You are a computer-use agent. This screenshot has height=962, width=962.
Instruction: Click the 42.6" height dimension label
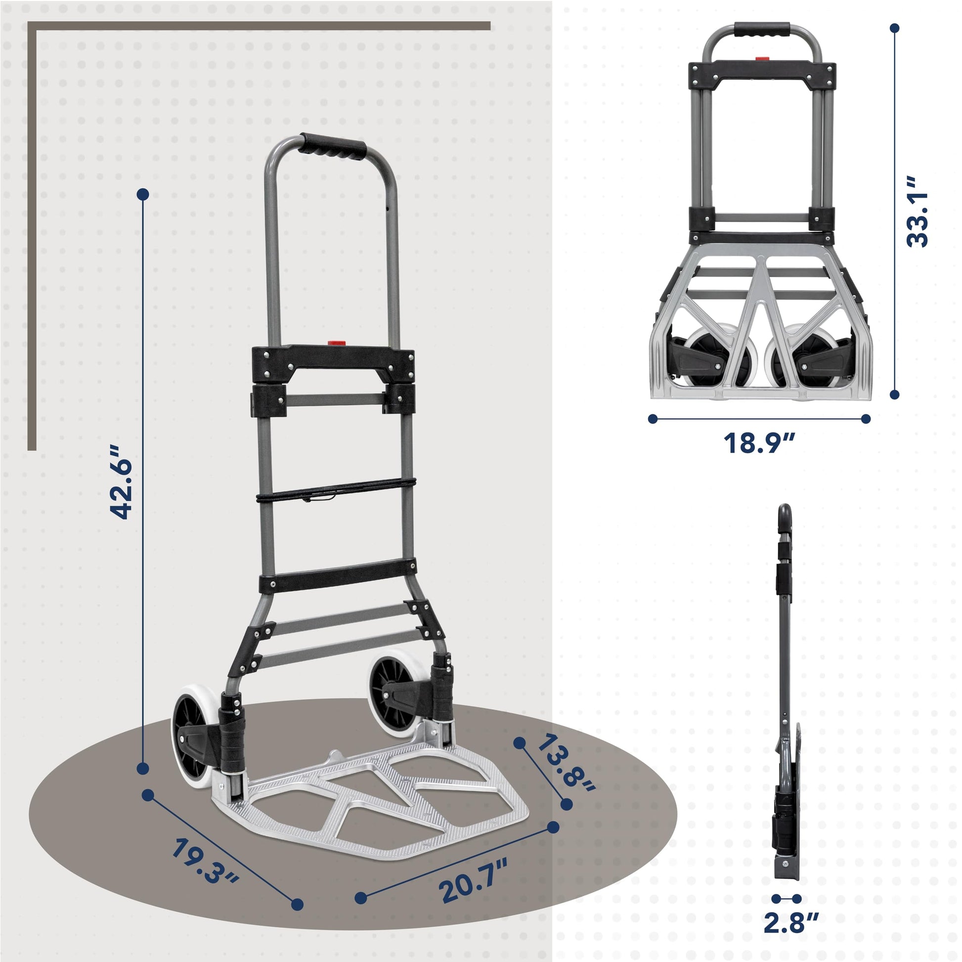121,481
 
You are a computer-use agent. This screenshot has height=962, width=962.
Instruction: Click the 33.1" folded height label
917,218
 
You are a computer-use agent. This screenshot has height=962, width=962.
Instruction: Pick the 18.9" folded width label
759,442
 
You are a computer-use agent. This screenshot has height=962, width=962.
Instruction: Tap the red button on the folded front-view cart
762,59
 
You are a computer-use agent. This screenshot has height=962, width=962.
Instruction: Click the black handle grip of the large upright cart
333,146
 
